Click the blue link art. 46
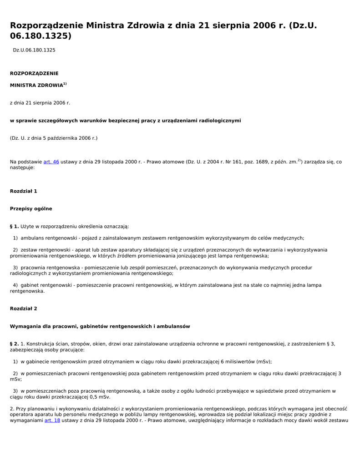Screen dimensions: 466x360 [x=51, y=162]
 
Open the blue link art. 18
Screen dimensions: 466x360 [x=52, y=420]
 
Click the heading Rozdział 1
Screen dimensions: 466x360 [x=24, y=191]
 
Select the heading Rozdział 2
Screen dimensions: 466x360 [x=24, y=309]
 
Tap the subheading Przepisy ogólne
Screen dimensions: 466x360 [x=31, y=209]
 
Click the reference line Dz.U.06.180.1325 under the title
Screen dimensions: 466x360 [x=34, y=50]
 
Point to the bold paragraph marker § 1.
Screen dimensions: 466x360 [x=14, y=227]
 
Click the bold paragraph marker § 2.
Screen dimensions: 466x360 [x=14, y=344]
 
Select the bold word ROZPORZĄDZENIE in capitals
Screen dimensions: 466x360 [x=34, y=73]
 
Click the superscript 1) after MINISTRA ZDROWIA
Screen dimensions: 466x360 [x=65, y=84]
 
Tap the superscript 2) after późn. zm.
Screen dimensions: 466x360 [x=299, y=160]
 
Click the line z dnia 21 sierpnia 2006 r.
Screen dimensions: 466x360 [x=40, y=103]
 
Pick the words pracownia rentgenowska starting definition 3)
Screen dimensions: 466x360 [x=50, y=268]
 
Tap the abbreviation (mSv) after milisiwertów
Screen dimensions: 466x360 [x=264, y=362]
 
